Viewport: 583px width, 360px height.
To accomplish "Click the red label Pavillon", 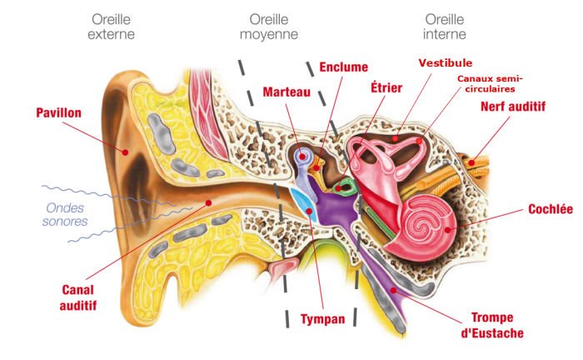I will [x=58, y=112].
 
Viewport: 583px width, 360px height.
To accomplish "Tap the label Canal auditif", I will [x=79, y=297].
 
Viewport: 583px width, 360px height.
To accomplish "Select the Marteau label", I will [x=286, y=92].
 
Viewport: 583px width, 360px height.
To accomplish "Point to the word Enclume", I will [x=343, y=67].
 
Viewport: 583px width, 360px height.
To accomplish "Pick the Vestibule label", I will [x=446, y=62].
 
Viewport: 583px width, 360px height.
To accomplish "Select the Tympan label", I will [x=322, y=319].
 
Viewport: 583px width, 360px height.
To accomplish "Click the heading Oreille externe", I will [x=111, y=27].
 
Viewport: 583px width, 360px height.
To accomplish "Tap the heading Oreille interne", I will [x=445, y=27].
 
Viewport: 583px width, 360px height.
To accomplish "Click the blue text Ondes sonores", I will [x=65, y=215].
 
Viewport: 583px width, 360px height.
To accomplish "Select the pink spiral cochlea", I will [x=427, y=221].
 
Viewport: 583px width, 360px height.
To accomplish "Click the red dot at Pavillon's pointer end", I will [x=123, y=152].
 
